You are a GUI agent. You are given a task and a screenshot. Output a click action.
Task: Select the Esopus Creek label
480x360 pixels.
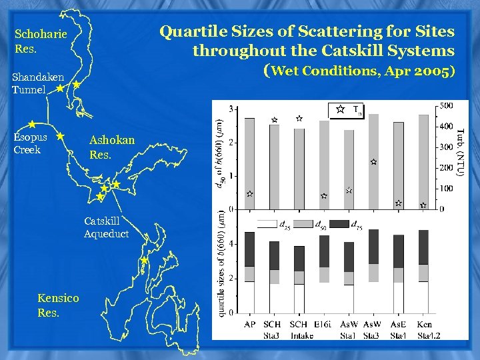[31, 143]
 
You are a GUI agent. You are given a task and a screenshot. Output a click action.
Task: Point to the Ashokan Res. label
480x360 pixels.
[112, 146]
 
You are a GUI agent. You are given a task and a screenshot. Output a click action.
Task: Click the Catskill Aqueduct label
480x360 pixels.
[106, 227]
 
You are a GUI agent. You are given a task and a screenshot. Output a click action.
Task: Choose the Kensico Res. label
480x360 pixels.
[58, 305]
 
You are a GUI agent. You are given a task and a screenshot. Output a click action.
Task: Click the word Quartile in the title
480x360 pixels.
[187, 31]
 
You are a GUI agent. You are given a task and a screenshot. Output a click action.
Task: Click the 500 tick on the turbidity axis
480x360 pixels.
[447, 105]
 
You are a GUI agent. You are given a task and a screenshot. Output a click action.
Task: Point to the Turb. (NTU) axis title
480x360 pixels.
[460, 153]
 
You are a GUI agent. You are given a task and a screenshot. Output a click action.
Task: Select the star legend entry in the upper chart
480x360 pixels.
[340, 109]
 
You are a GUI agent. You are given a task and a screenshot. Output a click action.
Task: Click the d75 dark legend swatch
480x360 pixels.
[337, 223]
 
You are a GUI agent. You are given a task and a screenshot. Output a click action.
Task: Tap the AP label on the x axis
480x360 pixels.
[250, 324]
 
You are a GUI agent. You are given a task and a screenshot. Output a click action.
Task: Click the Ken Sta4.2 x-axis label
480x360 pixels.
[424, 329]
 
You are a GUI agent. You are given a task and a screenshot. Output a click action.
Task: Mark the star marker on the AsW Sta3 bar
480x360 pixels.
[373, 162]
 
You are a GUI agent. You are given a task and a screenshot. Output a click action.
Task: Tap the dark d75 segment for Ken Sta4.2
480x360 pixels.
[424, 247]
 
